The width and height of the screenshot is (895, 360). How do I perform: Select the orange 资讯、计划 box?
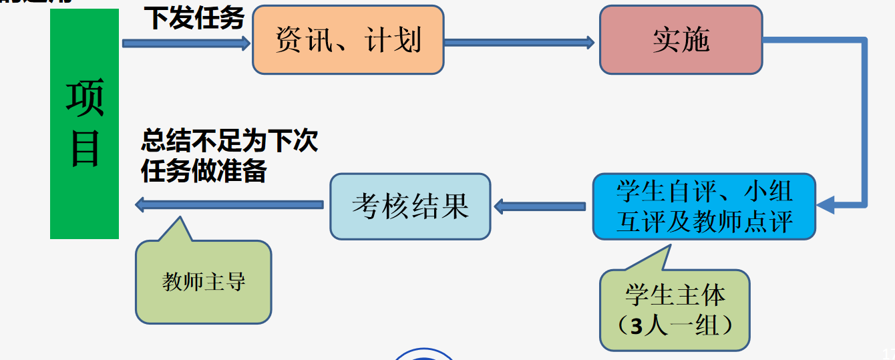(348, 40)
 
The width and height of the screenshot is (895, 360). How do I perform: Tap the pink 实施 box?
(681, 40)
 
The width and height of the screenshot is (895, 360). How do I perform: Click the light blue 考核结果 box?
(410, 206)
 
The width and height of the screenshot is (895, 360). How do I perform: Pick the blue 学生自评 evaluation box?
(704, 206)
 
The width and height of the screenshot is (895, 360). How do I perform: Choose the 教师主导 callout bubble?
(204, 283)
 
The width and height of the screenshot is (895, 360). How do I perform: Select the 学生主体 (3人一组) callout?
(675, 311)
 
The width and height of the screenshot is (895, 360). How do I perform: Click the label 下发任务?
(195, 18)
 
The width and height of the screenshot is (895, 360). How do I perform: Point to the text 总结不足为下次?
(229, 141)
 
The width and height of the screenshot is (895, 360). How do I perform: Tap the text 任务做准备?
(204, 171)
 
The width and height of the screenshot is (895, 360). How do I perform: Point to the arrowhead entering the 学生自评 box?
(826, 204)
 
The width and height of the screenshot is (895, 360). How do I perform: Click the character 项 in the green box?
(84, 98)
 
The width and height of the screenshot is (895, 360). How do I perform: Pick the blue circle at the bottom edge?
(424, 355)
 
